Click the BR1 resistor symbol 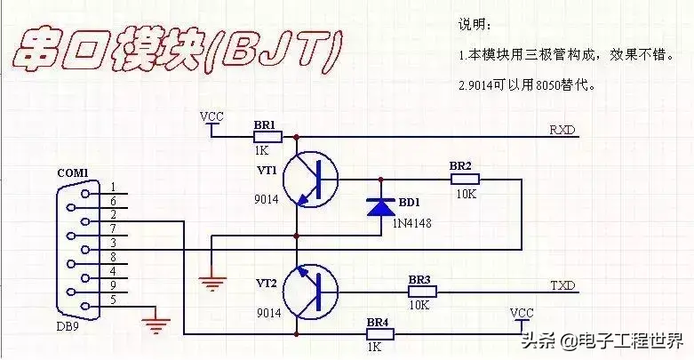(x=267, y=137)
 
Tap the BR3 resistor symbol (x=421, y=292)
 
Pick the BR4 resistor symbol (x=379, y=334)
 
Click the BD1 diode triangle (x=381, y=207)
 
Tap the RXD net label (x=562, y=131)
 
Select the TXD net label (x=562, y=285)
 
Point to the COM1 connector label (x=73, y=172)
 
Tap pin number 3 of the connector (x=113, y=243)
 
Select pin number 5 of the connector (x=113, y=299)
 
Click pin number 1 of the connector (x=113, y=187)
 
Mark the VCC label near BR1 (x=211, y=116)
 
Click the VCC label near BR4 (x=522, y=313)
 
